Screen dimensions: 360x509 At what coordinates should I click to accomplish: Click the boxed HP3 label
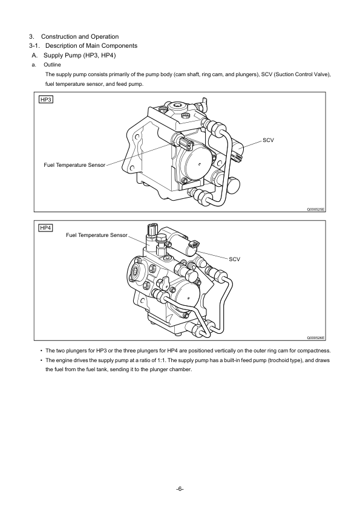46,99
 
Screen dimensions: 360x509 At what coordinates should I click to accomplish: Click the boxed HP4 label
46,228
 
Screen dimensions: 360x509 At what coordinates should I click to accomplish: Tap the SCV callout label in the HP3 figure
268,140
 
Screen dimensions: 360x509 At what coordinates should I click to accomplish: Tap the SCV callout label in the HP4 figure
234,259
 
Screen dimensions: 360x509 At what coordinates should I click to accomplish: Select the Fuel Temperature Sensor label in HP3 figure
74,165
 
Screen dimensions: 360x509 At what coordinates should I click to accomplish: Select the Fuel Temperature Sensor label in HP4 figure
96,235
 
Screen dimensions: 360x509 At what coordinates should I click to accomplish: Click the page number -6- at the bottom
180,488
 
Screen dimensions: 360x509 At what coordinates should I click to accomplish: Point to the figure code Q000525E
316,209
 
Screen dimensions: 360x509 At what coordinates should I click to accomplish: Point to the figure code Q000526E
316,338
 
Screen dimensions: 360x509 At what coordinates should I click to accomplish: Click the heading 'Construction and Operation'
80,36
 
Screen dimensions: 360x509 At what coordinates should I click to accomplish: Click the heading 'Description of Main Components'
91,45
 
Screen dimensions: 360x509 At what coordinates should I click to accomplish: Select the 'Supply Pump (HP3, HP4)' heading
80,55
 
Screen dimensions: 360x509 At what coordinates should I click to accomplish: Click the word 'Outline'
52,65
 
